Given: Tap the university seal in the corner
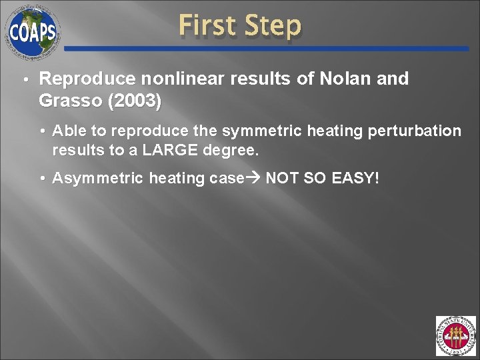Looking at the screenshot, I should (455, 336).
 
